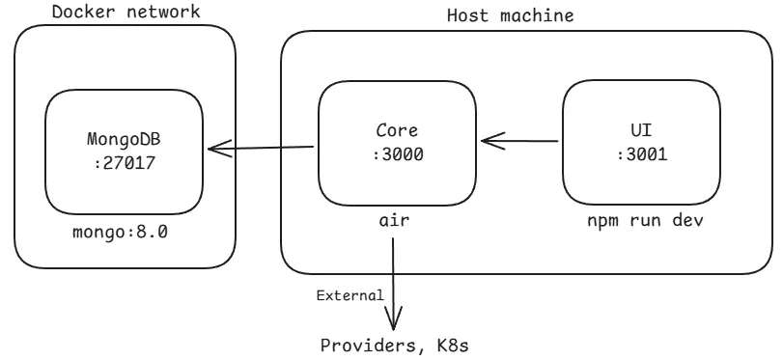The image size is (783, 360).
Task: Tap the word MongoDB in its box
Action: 125,140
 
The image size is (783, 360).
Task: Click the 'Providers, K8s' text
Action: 395,345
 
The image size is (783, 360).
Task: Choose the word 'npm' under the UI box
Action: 601,221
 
